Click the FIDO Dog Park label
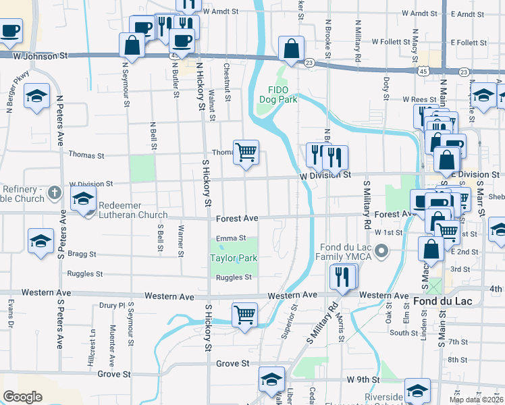(x=278, y=94)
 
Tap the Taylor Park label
(x=234, y=258)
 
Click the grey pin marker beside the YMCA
(x=381, y=252)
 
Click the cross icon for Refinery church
(x=56, y=194)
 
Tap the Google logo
(x=22, y=397)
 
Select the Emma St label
(x=231, y=238)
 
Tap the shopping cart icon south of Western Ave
(x=244, y=314)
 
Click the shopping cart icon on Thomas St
(x=246, y=152)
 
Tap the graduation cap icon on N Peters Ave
(x=38, y=96)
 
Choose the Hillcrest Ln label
(x=91, y=348)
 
